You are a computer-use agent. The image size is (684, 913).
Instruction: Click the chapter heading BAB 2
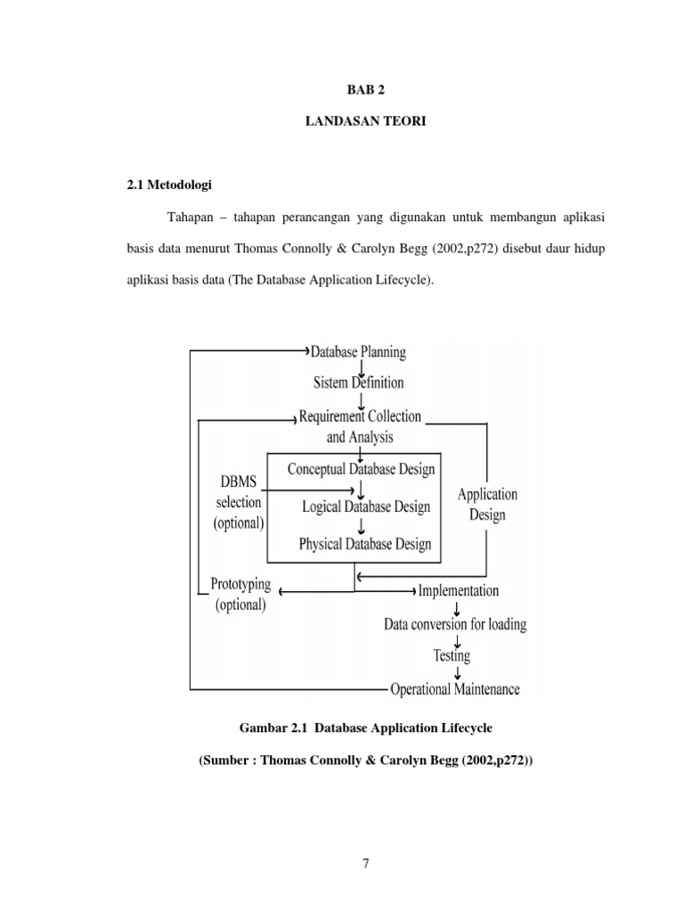click(x=365, y=90)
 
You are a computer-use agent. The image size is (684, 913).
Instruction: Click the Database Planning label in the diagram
click(x=358, y=352)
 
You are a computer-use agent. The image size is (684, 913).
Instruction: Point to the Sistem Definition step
click(x=358, y=382)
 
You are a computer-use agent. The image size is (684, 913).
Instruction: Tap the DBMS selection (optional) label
click(x=238, y=502)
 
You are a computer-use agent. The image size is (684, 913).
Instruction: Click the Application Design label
click(x=487, y=504)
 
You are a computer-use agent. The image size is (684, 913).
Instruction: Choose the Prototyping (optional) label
click(x=240, y=594)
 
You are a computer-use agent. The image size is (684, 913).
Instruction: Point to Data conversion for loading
click(x=455, y=623)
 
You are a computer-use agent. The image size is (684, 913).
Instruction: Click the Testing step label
click(x=452, y=655)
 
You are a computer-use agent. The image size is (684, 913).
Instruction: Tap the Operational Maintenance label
click(x=455, y=688)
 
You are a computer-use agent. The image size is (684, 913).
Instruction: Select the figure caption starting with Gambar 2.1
click(x=365, y=728)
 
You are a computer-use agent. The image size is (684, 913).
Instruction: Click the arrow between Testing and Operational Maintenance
click(x=456, y=672)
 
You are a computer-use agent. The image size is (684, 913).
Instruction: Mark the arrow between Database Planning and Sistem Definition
click(x=361, y=367)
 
